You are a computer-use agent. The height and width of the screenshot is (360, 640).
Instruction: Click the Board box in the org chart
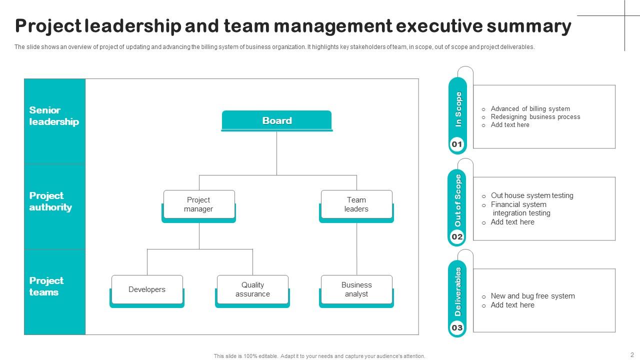pos(276,120)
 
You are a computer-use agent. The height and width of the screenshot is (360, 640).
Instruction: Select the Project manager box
pos(198,204)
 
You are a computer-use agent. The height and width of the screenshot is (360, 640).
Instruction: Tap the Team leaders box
pos(356,204)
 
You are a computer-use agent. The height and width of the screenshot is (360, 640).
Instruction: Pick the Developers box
pos(147,289)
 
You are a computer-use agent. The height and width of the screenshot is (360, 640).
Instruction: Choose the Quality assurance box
pos(252,289)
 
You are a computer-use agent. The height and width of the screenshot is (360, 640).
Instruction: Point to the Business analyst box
pos(356,289)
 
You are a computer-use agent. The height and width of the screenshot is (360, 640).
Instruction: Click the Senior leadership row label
pos(54,116)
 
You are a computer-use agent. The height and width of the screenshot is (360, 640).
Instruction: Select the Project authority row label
pos(50,201)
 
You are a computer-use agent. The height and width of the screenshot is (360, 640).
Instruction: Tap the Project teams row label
pos(46,286)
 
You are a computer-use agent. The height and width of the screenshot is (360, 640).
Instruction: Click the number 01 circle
pos(457,144)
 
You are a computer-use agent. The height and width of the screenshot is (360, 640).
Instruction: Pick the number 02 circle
pos(457,236)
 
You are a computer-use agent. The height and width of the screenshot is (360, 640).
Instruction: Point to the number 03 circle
pos(457,328)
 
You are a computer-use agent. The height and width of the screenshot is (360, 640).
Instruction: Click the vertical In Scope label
pos(458,109)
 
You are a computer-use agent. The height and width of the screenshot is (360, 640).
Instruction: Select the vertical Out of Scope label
pos(458,200)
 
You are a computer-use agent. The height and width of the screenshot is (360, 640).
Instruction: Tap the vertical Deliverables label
pos(458,291)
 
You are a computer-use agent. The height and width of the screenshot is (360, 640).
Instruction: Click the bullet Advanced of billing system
pos(530,108)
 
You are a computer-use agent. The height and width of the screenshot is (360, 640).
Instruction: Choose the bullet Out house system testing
pos(532,195)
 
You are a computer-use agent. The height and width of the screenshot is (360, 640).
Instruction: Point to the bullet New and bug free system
pos(532,296)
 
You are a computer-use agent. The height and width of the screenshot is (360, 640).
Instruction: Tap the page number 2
pos(632,354)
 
